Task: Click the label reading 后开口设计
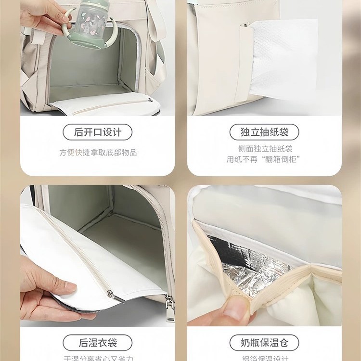coord(98,132)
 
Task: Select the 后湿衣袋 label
coord(98,343)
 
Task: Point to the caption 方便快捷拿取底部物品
coord(98,153)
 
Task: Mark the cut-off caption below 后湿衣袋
coord(98,358)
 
